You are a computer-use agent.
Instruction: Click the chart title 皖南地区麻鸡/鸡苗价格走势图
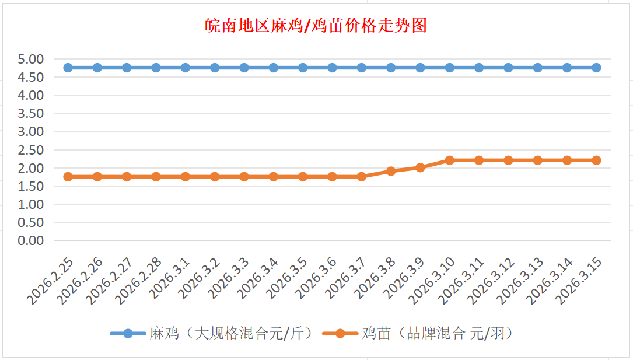click(x=316, y=26)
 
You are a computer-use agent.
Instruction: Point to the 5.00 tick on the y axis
click(x=31, y=58)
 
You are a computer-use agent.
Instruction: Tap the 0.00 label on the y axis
click(x=31, y=240)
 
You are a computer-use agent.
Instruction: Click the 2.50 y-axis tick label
click(x=31, y=149)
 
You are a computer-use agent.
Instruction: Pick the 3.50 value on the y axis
click(x=31, y=113)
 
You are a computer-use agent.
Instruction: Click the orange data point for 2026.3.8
click(x=391, y=171)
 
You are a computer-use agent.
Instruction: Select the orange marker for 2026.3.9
click(x=420, y=167)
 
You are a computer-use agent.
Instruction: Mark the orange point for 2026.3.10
click(x=450, y=160)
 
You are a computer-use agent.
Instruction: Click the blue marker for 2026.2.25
click(x=68, y=68)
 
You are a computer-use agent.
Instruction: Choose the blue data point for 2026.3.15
click(x=596, y=68)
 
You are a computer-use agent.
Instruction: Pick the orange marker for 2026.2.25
click(x=68, y=176)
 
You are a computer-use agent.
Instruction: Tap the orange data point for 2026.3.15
click(x=596, y=160)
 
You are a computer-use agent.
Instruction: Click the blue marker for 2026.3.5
click(x=303, y=68)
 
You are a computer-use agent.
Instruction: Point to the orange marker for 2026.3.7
click(x=362, y=176)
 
